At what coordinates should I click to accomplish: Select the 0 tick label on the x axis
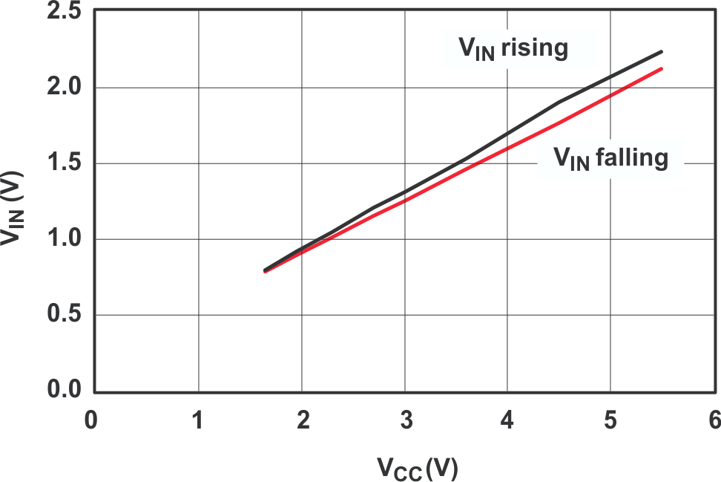pos(90,420)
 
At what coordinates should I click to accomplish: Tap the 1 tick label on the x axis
pos(198,420)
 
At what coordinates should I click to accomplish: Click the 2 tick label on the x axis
pos(302,420)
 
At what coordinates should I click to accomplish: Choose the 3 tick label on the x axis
pos(406,420)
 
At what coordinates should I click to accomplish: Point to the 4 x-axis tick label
pos(507,420)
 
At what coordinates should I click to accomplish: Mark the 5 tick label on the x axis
pos(610,420)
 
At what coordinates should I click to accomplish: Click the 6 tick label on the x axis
pos(714,420)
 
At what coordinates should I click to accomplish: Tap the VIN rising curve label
pos(513,49)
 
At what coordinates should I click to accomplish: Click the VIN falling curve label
pos(610,158)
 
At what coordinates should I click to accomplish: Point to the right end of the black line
pos(661,52)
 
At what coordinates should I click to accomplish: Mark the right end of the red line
pos(661,69)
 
